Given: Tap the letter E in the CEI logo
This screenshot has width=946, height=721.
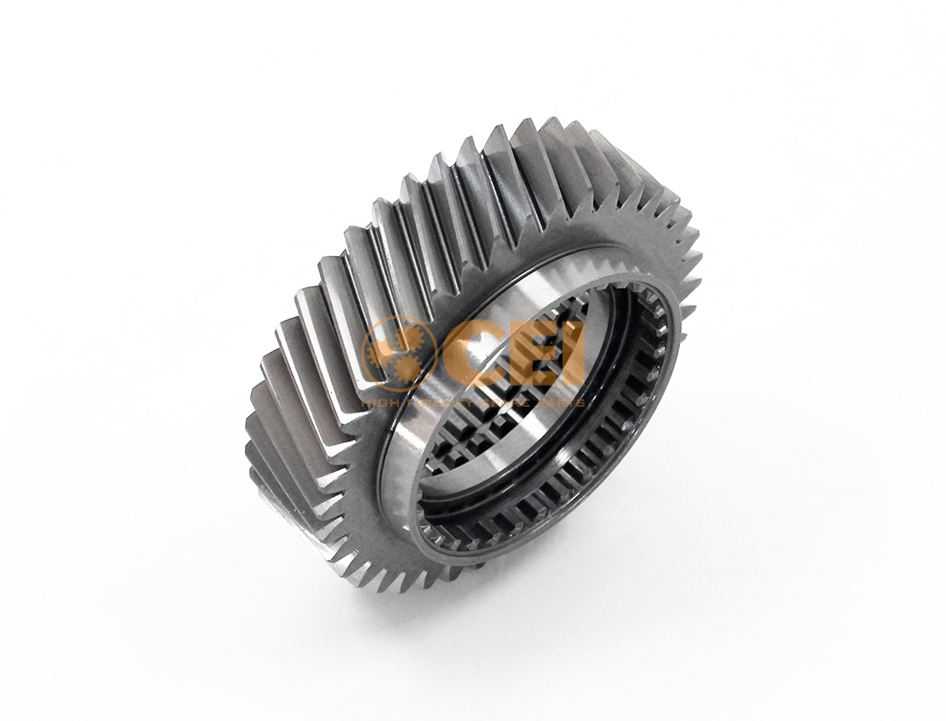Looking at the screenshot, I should [530, 355].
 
